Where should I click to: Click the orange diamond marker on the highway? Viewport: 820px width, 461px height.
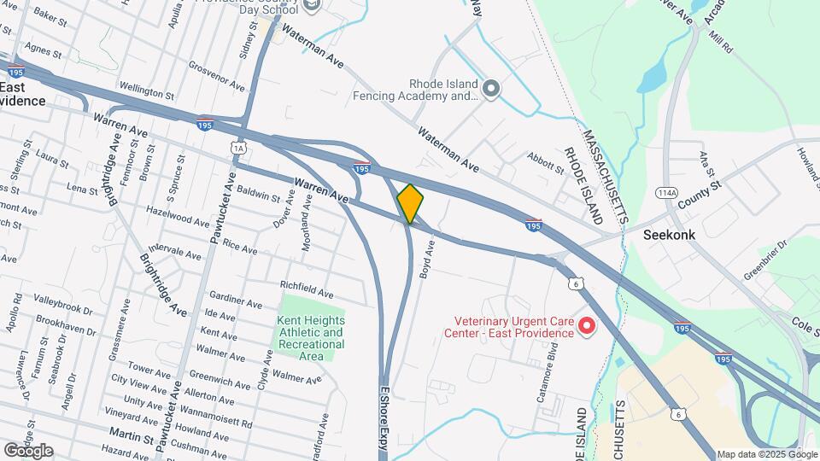click(x=410, y=204)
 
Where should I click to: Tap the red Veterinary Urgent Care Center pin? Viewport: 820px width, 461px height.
click(x=587, y=324)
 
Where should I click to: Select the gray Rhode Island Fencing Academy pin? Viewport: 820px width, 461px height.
click(x=491, y=88)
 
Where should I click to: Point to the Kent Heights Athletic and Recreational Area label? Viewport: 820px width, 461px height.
click(x=310, y=338)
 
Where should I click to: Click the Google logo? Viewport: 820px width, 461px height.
click(x=28, y=451)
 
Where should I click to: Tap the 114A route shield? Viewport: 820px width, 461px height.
click(x=667, y=192)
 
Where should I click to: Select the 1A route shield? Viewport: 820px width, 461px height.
click(x=238, y=148)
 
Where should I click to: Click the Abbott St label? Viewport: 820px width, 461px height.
click(x=546, y=162)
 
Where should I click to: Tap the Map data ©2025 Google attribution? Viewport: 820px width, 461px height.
click(x=766, y=454)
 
